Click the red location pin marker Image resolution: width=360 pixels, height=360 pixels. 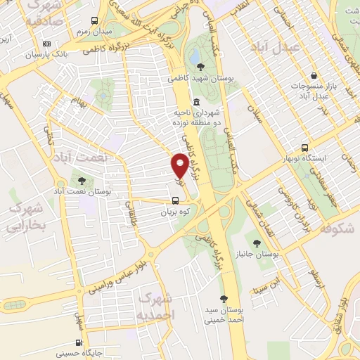180,165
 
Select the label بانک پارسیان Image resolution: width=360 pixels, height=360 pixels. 71,53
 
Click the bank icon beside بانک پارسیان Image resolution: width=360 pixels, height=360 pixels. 47,53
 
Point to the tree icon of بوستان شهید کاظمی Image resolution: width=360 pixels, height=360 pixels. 202,67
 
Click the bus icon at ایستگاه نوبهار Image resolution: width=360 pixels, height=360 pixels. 304,148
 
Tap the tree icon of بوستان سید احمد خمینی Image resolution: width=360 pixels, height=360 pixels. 224,298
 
